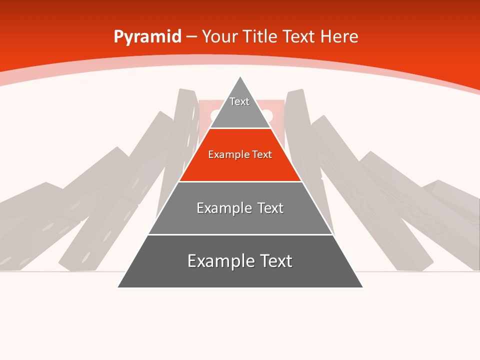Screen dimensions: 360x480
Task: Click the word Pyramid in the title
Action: click(147, 37)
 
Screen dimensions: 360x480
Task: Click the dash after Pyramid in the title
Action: click(191, 37)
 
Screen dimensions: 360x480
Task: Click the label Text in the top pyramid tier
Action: click(239, 101)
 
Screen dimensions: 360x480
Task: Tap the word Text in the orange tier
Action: click(262, 154)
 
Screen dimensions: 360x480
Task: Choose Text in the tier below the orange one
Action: click(271, 208)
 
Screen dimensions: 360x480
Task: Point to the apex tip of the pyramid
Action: click(240, 76)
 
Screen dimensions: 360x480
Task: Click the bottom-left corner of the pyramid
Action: click(118, 287)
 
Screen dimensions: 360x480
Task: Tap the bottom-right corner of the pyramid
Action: click(362, 287)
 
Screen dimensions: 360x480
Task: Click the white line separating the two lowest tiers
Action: click(240, 234)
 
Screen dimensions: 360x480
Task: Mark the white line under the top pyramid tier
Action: click(240, 128)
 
